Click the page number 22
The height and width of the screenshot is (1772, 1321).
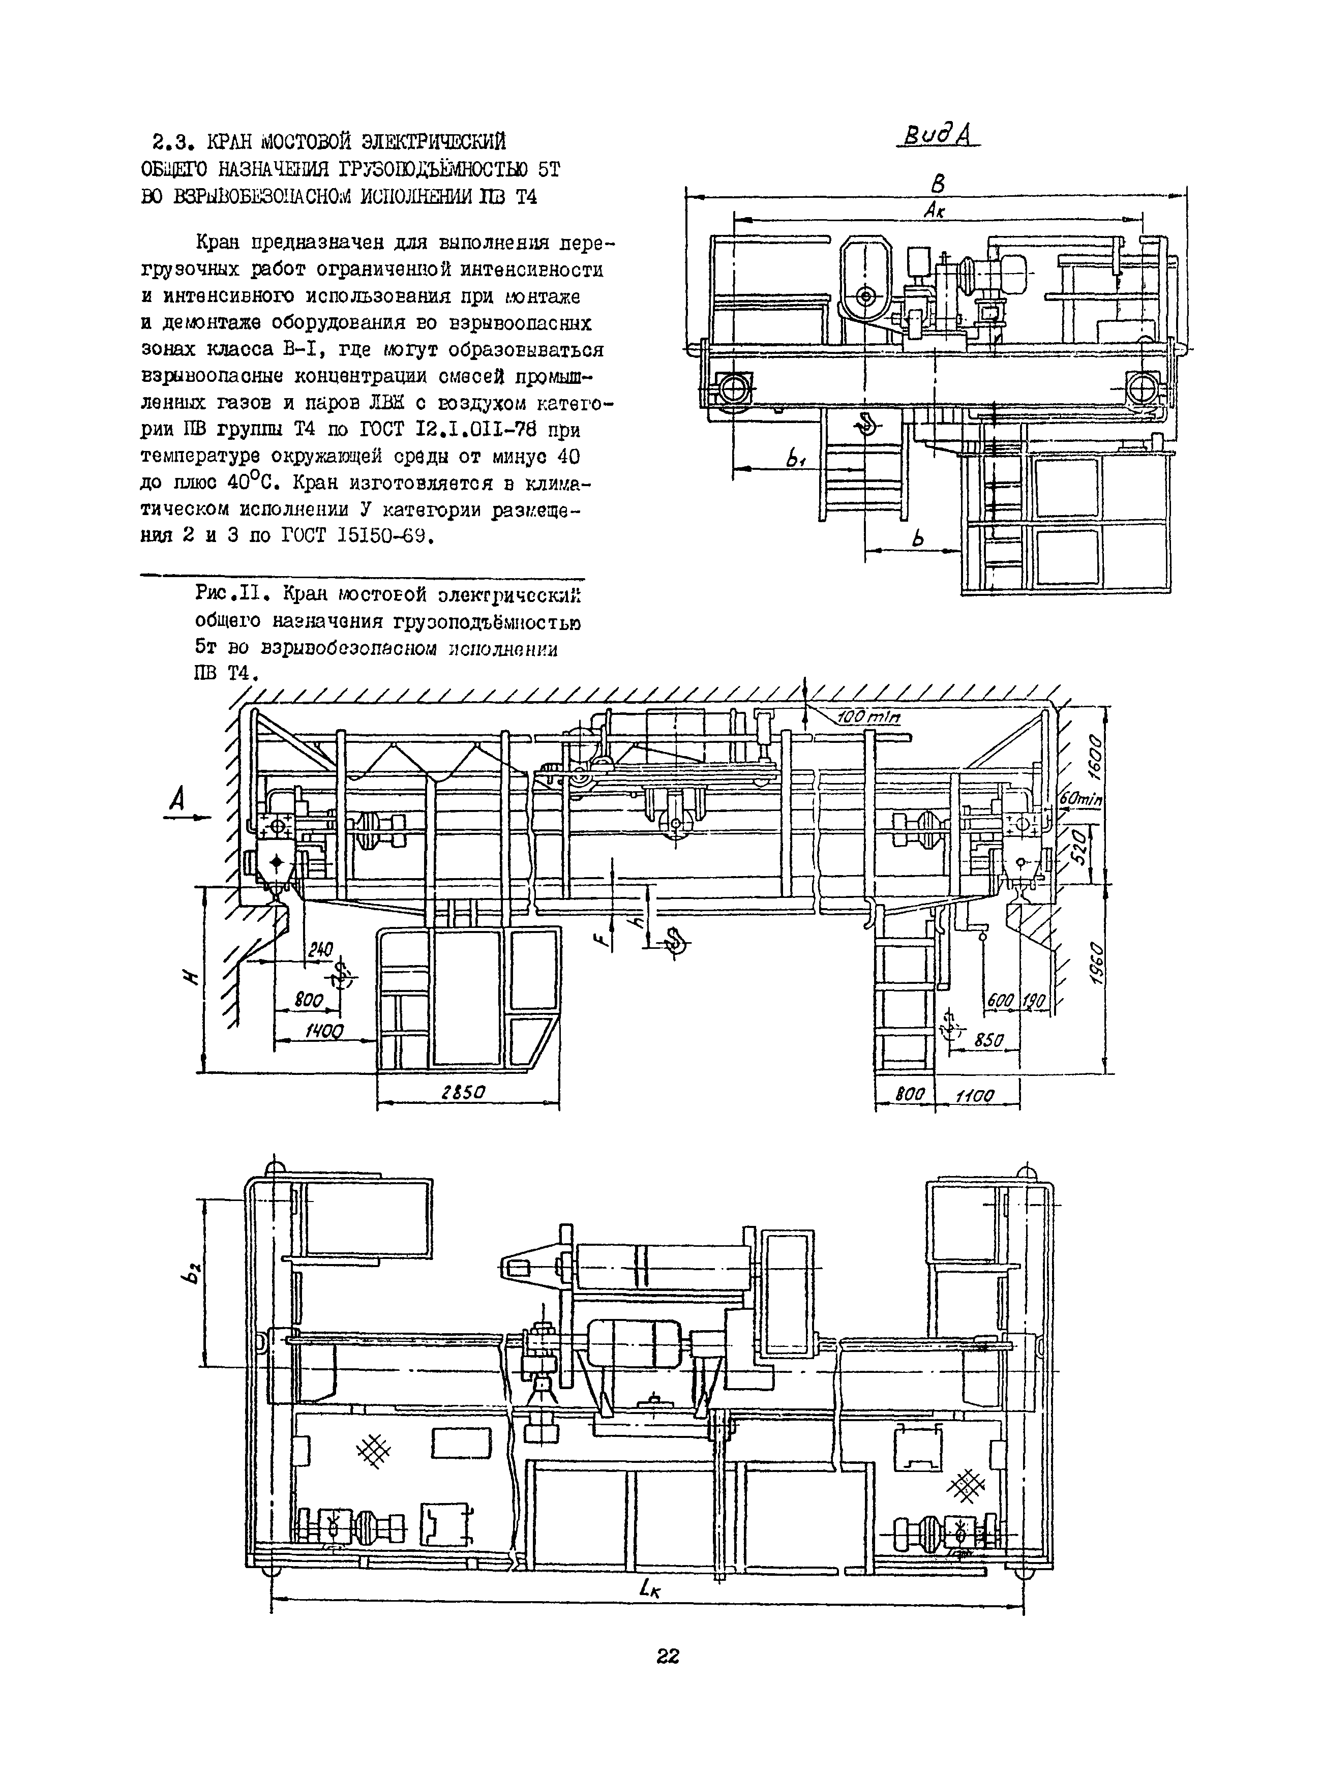[668, 1656]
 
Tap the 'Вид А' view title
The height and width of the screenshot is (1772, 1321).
[933, 137]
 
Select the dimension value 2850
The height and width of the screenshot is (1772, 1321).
[464, 1092]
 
